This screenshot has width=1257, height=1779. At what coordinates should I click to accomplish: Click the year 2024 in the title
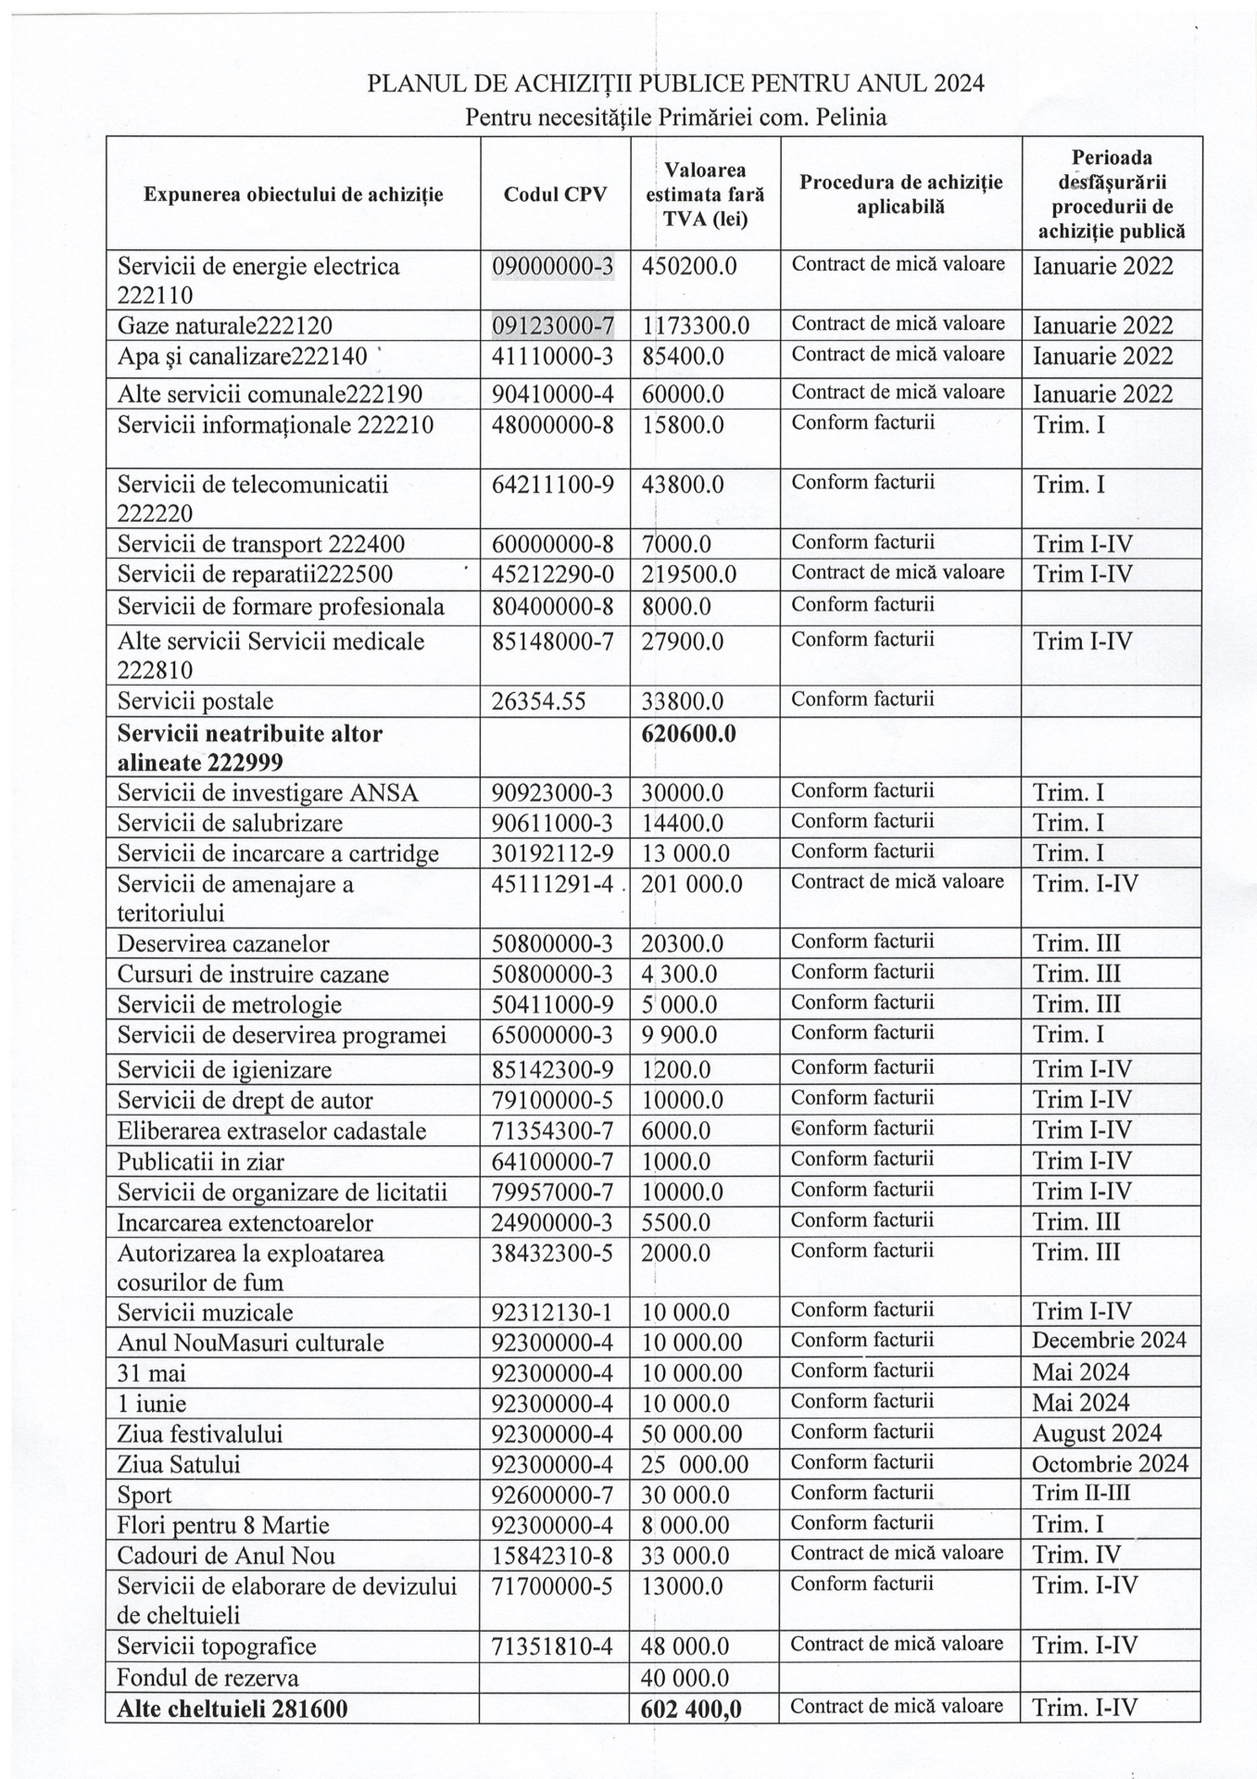960,83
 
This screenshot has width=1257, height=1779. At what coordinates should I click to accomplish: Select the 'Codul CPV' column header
555,195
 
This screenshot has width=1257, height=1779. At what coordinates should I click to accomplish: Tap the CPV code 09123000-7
552,325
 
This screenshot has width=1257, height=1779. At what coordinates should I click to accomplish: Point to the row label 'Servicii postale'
195,701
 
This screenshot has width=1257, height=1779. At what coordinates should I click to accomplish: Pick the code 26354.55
538,701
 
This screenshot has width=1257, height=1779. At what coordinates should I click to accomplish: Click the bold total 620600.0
689,734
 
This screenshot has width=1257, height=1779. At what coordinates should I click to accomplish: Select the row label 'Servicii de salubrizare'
230,823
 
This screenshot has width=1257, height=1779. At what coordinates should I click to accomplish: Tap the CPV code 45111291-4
552,884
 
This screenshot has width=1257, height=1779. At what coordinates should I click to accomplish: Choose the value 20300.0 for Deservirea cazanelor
683,944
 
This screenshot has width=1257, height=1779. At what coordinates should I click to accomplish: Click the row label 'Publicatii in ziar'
200,1161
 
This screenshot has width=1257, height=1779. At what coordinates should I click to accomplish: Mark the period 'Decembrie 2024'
1109,1341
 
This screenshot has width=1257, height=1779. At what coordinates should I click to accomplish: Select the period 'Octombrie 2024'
1110,1464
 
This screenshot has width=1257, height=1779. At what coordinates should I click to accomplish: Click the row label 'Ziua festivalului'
200,1433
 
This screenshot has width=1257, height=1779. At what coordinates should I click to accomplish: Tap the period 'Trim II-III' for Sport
1081,1494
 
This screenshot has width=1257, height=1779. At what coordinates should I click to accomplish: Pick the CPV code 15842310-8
552,1556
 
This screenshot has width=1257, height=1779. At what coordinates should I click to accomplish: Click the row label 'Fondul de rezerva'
207,1677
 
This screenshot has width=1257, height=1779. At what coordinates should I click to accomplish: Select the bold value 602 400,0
691,1708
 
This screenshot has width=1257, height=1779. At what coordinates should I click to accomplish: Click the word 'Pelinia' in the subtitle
851,118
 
